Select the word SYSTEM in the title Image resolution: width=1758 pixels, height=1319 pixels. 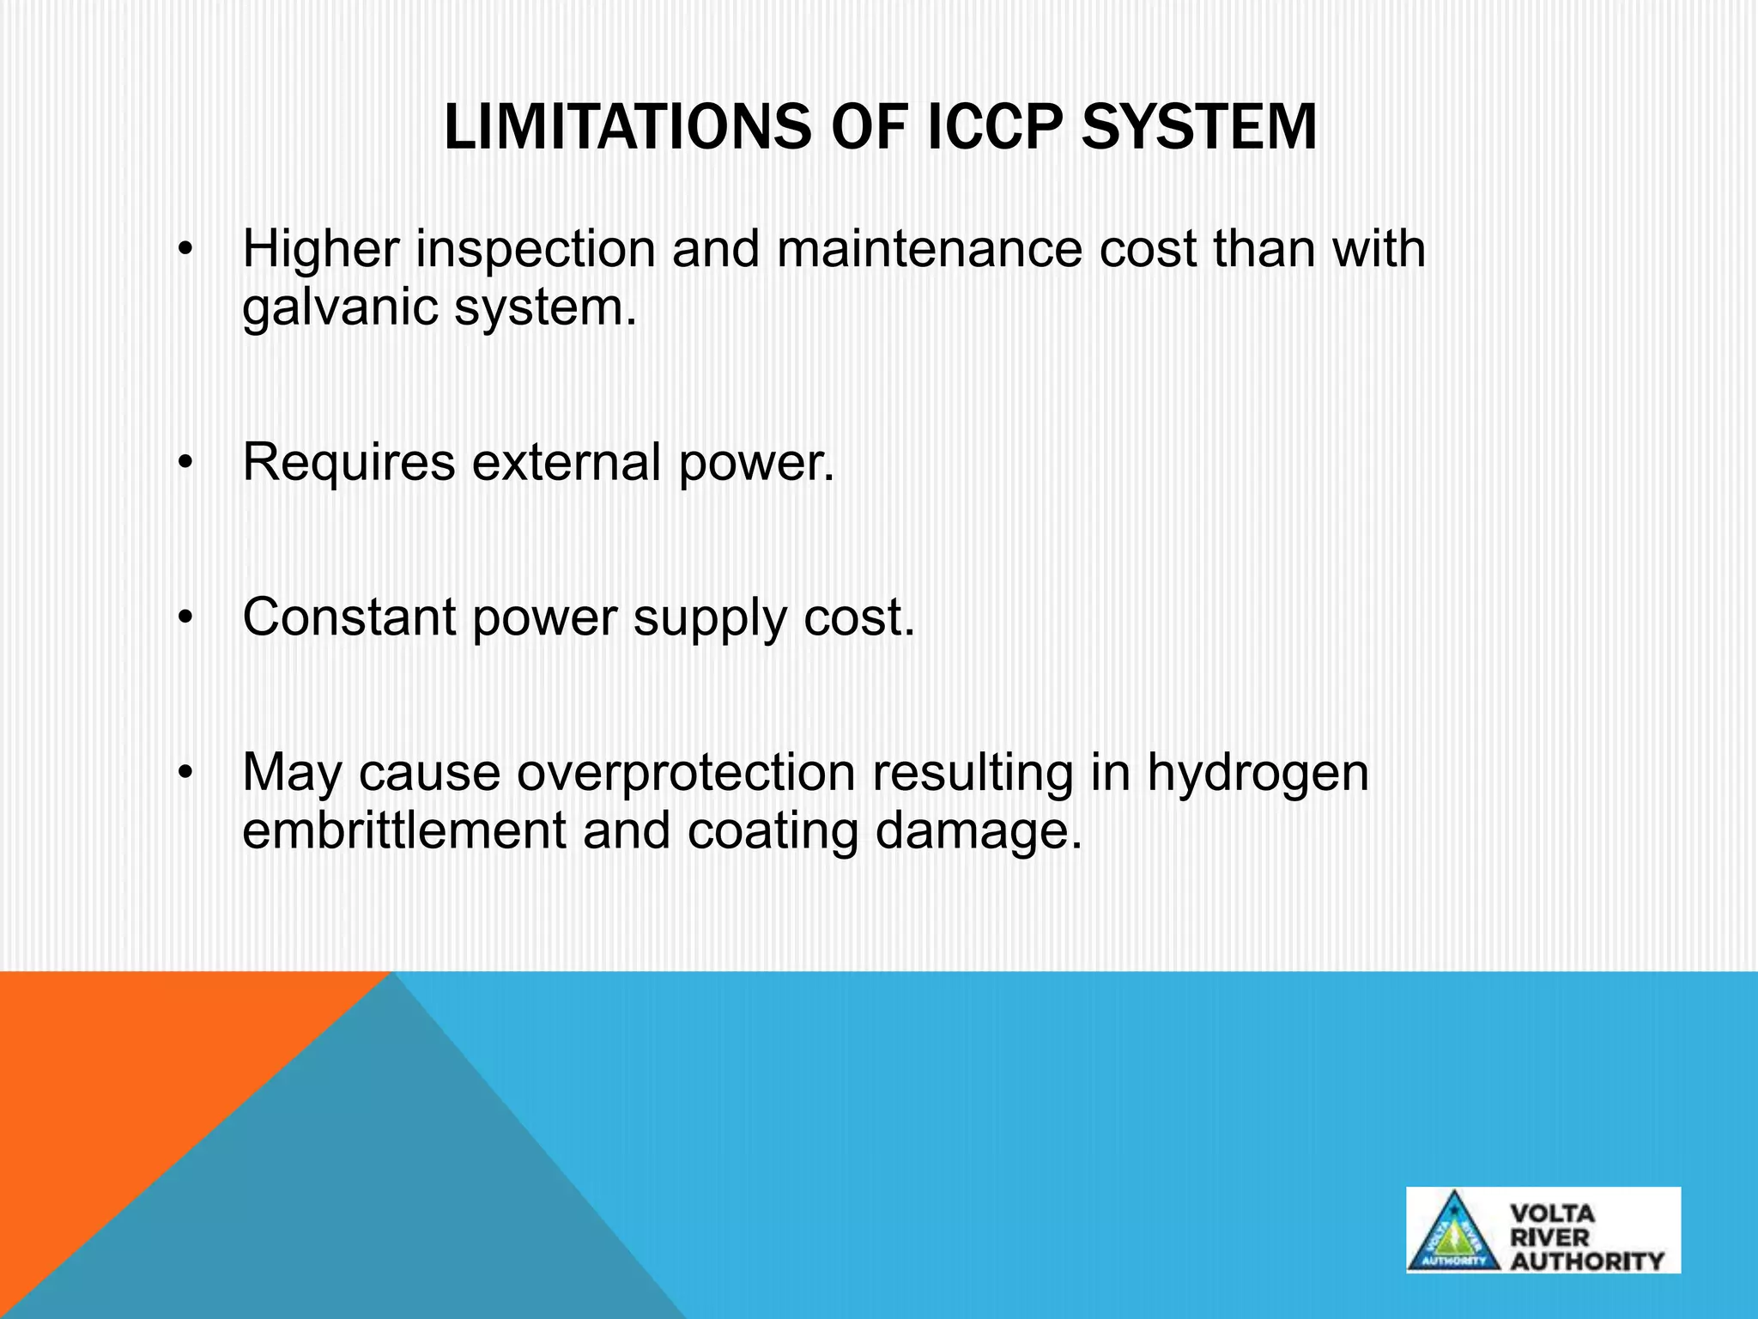[1198, 128]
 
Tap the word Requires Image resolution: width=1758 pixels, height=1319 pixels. [349, 463]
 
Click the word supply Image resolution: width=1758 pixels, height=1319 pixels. [709, 619]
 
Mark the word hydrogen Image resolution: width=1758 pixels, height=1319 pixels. [1258, 775]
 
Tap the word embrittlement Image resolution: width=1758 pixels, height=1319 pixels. [404, 831]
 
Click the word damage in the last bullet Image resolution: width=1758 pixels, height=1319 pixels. [979, 833]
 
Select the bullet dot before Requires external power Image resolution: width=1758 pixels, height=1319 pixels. [185, 464]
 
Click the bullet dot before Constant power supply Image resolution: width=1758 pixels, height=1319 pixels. [185, 618]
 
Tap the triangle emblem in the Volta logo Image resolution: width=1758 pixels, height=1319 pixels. [1454, 1232]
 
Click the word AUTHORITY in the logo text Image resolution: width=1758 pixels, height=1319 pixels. [1586, 1261]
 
